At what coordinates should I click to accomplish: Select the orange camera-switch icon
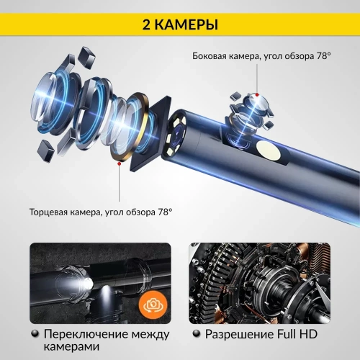[154, 304]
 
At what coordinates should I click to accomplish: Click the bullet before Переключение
[35, 335]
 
